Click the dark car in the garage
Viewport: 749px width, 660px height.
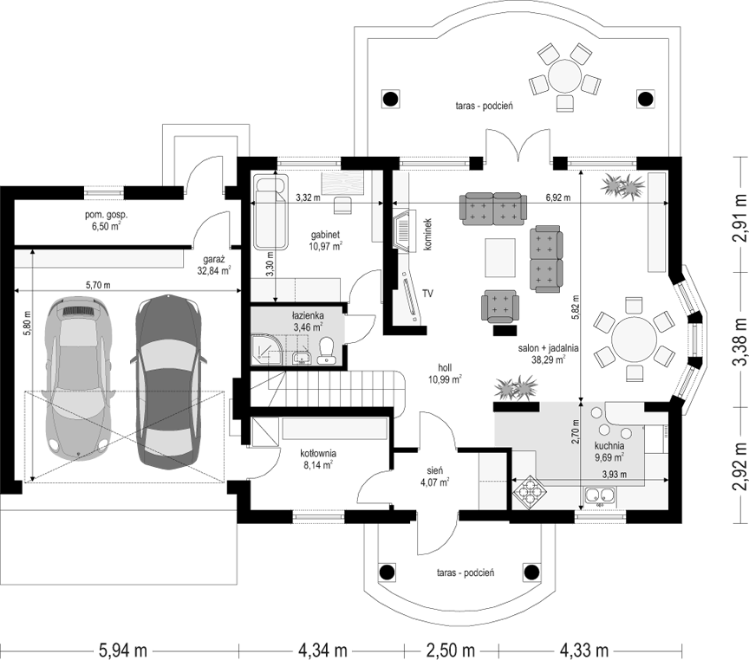pos(169,382)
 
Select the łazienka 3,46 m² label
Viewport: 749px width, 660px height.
pos(308,320)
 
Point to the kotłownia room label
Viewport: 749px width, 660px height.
pos(318,458)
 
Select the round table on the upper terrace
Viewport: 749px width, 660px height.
pos(564,76)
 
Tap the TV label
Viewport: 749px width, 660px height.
pos(427,294)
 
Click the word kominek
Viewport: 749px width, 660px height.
pos(428,235)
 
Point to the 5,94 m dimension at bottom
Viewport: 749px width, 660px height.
pos(123,650)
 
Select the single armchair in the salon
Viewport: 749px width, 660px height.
pos(499,306)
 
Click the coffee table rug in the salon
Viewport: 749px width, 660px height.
pos(500,258)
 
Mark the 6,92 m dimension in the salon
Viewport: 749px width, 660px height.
pos(558,197)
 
